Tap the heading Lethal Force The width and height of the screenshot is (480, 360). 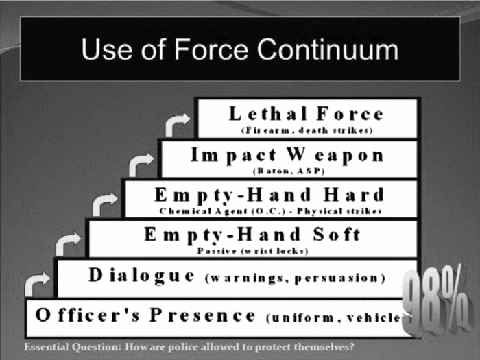[x=306, y=113]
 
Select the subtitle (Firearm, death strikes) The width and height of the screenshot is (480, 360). [x=307, y=130]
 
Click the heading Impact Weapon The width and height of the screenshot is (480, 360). [x=287, y=154]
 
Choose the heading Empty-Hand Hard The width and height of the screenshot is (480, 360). [x=269, y=193]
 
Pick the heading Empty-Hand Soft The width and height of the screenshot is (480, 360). [x=252, y=235]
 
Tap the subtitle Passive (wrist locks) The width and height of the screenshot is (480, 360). [x=252, y=250]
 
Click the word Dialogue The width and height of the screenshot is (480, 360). [x=141, y=276]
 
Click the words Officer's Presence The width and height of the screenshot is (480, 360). [x=145, y=316]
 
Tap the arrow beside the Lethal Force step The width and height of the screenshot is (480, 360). [x=178, y=123]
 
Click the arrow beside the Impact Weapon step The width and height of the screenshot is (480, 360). [x=141, y=163]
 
